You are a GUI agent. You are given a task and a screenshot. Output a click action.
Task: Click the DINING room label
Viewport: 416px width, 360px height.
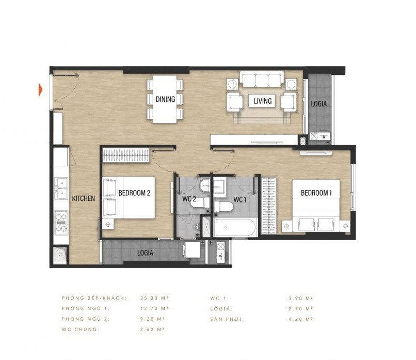pyautogui.click(x=165, y=99)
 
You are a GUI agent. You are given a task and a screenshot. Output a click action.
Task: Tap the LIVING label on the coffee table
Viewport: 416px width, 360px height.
pyautogui.click(x=262, y=101)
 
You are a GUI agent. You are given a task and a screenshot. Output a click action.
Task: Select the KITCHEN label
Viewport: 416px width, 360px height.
pyautogui.click(x=83, y=198)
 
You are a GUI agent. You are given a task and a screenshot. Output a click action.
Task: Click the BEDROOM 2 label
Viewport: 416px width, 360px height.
pyautogui.click(x=134, y=193)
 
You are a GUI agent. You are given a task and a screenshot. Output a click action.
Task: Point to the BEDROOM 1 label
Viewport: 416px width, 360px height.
pyautogui.click(x=316, y=193)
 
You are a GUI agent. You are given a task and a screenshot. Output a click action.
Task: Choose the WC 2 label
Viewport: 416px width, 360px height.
pyautogui.click(x=189, y=199)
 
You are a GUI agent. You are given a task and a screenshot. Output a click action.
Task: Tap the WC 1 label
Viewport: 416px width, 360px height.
pyautogui.click(x=240, y=199)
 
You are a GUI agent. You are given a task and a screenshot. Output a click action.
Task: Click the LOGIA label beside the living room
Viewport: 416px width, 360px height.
pyautogui.click(x=318, y=103)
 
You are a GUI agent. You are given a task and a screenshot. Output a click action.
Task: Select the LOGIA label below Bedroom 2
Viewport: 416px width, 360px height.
pyautogui.click(x=147, y=253)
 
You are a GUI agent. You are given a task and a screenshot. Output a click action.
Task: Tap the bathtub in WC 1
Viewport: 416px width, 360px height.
pyautogui.click(x=235, y=228)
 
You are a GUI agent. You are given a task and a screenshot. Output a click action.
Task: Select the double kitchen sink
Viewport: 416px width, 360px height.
pyautogui.click(x=61, y=188)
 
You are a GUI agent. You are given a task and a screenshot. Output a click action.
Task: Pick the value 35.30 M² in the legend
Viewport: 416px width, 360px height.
pyautogui.click(x=155, y=298)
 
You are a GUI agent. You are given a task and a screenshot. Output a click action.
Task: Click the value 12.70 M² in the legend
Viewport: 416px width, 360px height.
pyautogui.click(x=155, y=308)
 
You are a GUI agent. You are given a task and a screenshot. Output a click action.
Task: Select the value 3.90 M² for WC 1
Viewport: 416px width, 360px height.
pyautogui.click(x=301, y=298)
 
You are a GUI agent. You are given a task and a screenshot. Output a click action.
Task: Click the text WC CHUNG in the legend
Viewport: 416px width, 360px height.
pyautogui.click(x=79, y=329)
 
